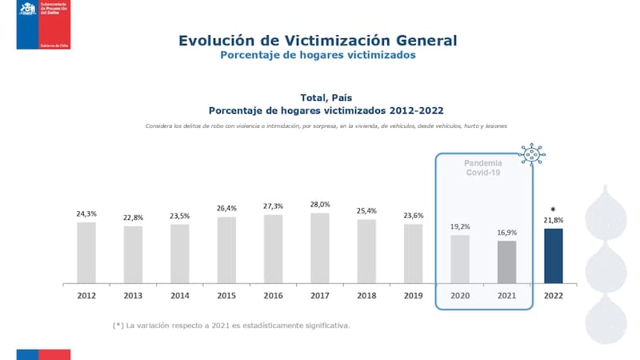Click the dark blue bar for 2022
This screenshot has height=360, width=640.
click(553, 256)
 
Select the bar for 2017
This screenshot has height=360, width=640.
click(320, 248)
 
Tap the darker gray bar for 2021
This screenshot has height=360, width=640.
click(506, 262)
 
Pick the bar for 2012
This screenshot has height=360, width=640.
click(86, 253)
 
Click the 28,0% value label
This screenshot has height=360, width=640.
click(320, 205)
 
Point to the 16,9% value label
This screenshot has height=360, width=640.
click(506, 233)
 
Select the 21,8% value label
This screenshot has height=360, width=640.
click(553, 220)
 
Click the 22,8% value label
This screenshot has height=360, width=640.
click(133, 218)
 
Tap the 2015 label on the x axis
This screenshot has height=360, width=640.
click(226, 295)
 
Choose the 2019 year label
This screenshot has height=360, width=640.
click(413, 295)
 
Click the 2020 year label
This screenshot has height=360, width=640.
click(460, 295)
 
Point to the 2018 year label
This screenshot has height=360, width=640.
click(366, 295)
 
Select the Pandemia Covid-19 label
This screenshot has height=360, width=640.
click(483, 167)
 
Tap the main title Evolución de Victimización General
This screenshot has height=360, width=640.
click(318, 40)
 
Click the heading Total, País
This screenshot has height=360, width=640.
click(326, 98)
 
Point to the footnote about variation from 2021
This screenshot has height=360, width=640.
click(231, 326)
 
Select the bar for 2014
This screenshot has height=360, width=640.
click(180, 254)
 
